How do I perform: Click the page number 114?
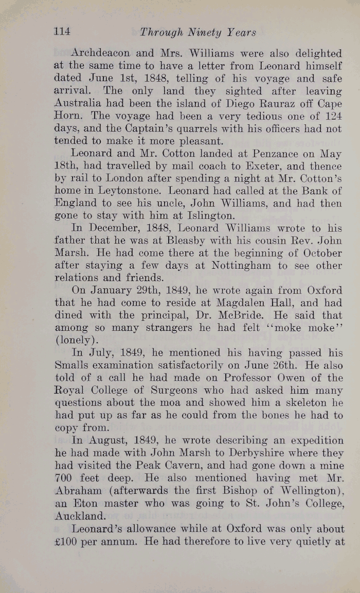tap(62, 32)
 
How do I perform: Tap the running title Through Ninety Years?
tap(198, 33)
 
